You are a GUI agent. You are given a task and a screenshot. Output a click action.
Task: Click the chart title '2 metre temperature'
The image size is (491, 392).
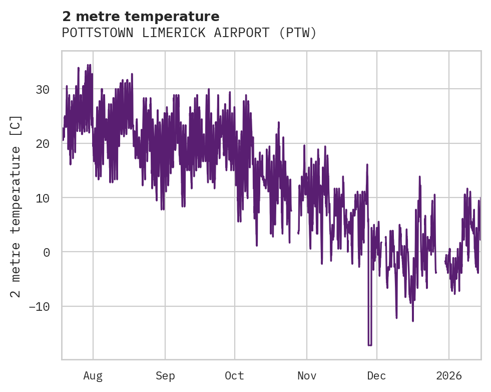click(x=141, y=17)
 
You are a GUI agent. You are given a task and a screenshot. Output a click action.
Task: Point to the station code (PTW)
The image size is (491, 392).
click(x=298, y=33)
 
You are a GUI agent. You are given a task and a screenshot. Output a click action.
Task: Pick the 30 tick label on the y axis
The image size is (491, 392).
click(x=43, y=90)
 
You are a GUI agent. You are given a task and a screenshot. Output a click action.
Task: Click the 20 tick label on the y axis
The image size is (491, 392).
click(x=43, y=144)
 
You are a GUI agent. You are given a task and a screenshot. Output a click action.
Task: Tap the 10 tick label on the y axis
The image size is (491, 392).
click(x=43, y=198)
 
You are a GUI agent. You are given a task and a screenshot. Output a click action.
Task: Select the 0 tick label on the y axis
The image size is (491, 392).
click(x=46, y=252)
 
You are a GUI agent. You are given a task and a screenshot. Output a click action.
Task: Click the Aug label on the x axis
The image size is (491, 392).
click(x=93, y=376)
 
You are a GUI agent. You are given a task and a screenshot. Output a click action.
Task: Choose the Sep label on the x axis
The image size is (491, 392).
click(x=165, y=376)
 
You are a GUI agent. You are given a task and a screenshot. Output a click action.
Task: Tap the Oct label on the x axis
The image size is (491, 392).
click(x=234, y=376)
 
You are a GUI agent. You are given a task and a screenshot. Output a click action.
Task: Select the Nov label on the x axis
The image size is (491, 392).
click(x=306, y=376)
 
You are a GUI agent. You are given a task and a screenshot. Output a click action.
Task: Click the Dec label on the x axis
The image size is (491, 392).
click(x=376, y=376)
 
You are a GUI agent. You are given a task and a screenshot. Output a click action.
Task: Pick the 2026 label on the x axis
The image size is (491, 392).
click(x=448, y=376)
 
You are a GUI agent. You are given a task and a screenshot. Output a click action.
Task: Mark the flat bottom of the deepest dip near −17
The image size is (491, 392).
click(x=370, y=345)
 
